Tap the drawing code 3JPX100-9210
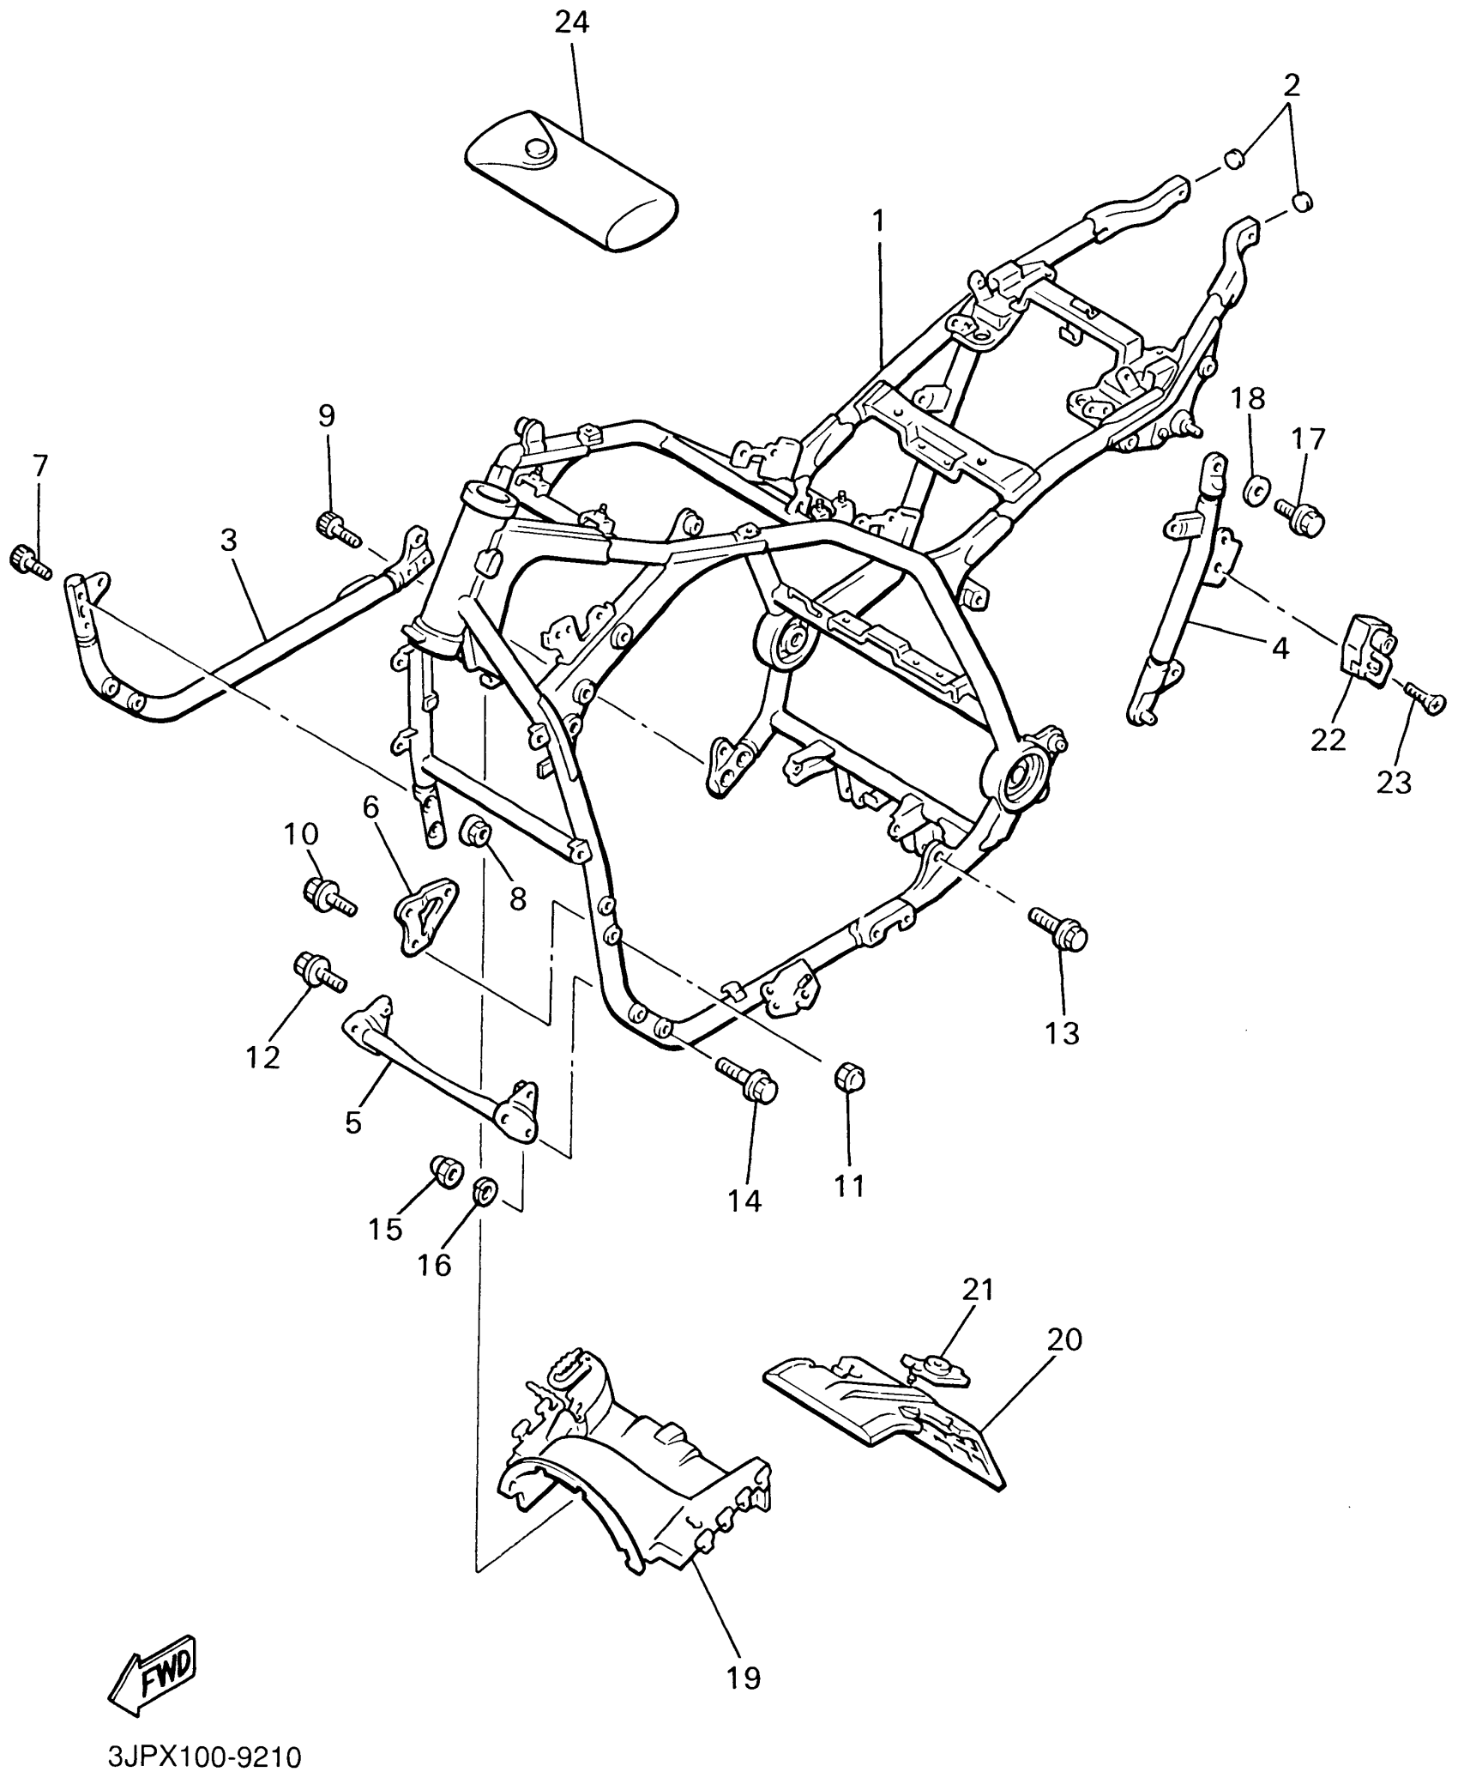[x=205, y=1755]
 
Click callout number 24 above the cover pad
[x=571, y=23]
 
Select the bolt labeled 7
[x=27, y=562]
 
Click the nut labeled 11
[x=850, y=1078]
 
